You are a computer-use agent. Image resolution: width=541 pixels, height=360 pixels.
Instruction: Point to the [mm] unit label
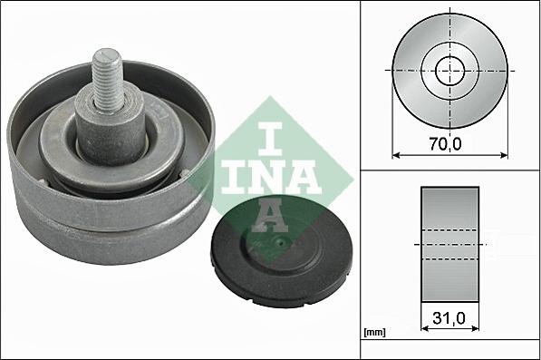coord(373,334)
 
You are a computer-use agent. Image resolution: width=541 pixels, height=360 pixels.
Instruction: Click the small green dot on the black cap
coord(281,242)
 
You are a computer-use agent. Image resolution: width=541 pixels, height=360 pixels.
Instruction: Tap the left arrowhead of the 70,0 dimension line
coord(396,155)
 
